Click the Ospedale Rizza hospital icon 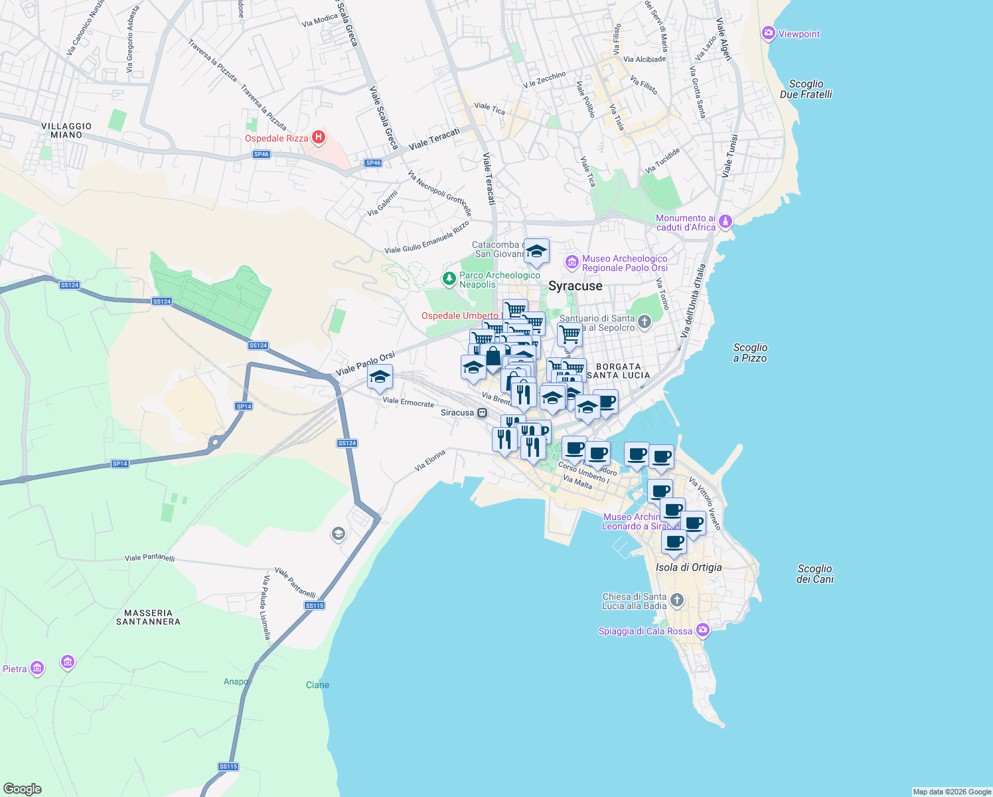[x=319, y=137]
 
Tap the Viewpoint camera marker [x=769, y=33]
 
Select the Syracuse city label [x=575, y=286]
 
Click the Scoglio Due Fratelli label [x=806, y=89]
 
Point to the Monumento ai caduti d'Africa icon [x=726, y=221]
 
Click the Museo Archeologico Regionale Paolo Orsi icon [x=572, y=263]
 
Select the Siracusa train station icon [x=483, y=412]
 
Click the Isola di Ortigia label [x=688, y=567]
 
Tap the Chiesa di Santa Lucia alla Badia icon [x=676, y=600]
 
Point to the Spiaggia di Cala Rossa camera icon [x=702, y=630]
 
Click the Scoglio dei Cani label [x=814, y=574]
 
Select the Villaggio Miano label [x=66, y=130]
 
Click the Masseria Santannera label [x=148, y=617]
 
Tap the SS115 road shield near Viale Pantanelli [x=315, y=605]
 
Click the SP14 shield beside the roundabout [x=244, y=406]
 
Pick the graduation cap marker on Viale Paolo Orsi [x=380, y=377]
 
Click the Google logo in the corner [x=22, y=788]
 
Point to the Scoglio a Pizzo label [x=750, y=353]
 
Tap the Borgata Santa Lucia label [x=619, y=371]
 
